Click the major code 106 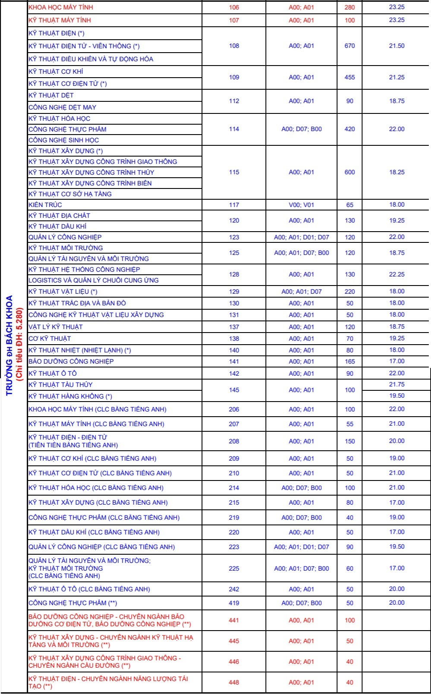234,7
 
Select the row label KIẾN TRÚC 45,205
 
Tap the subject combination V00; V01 301,205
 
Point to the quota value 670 349,46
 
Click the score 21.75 396,384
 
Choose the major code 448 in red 234,682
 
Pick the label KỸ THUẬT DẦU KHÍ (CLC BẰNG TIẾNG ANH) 94,532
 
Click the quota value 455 349,77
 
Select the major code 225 234,568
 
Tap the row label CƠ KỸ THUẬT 50,339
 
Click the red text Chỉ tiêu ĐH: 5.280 19,345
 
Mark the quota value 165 349,361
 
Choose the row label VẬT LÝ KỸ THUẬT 56,327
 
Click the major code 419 234,603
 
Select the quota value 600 349,172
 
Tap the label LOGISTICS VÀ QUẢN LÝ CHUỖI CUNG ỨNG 94,280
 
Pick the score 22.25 396,274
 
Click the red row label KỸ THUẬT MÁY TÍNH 60,20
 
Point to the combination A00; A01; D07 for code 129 301,292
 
